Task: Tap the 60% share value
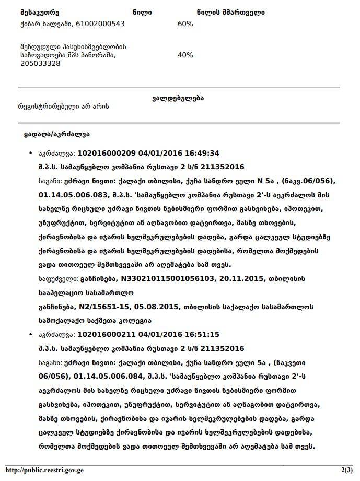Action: (x=185, y=24)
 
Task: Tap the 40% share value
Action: (x=185, y=55)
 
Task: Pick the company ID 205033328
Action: (x=39, y=63)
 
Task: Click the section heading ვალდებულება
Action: (x=178, y=98)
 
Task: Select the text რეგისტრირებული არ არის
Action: (x=63, y=106)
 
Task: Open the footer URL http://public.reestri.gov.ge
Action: (x=45, y=470)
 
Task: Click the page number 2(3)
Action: (x=346, y=470)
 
